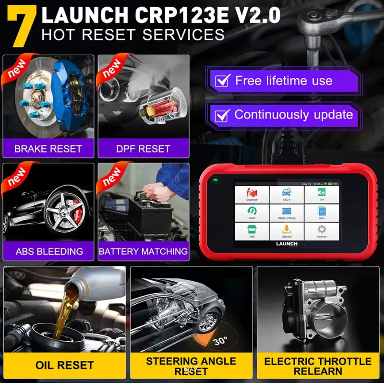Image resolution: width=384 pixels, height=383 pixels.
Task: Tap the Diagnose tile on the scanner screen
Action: coord(252,194)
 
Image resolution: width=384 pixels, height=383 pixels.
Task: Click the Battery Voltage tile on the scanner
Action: coord(287,213)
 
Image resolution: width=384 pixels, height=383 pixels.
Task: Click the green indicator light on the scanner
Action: coord(215,181)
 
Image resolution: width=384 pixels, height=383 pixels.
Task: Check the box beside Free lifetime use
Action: coord(222,81)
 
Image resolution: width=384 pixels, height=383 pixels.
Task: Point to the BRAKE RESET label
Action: coord(48,149)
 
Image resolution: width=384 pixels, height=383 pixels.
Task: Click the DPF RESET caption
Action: coord(143,149)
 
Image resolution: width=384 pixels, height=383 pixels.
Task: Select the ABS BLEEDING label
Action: coord(49,251)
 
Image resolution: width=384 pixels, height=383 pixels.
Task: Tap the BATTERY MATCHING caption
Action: coord(143,251)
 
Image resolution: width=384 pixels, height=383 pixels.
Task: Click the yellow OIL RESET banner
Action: coord(64,365)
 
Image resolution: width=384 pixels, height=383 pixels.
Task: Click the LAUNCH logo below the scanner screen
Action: coord(287,244)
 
